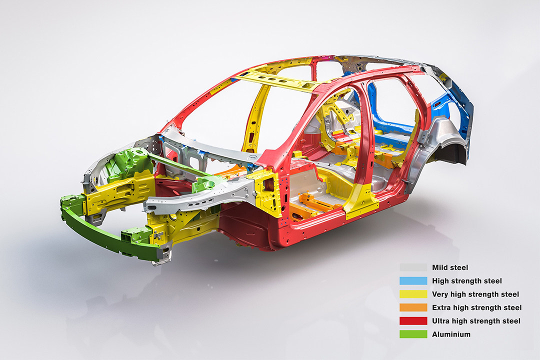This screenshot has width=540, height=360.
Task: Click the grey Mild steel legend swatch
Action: tap(413, 267)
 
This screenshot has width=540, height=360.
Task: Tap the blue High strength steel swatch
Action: tap(413, 281)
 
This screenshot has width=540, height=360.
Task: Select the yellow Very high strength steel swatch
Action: tap(413, 294)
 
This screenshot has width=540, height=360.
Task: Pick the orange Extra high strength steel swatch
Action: tap(413, 307)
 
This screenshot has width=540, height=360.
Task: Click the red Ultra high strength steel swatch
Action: tap(413, 320)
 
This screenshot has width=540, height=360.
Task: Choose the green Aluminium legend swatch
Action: tap(413, 334)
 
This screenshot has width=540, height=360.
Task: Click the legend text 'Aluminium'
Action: tap(451, 334)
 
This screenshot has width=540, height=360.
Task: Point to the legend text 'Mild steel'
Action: tap(450, 267)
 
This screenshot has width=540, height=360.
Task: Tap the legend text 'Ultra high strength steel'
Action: tap(476, 321)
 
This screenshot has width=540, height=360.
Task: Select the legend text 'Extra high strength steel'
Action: tap(477, 307)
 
